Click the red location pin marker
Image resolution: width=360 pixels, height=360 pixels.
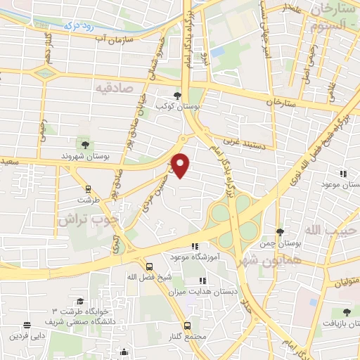pyautogui.click(x=181, y=165)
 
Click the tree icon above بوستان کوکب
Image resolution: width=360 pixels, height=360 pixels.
pyautogui.click(x=176, y=96)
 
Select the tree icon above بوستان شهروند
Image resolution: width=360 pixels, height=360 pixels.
pyautogui.click(x=85, y=145)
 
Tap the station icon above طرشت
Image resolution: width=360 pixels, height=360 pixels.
pyautogui.click(x=89, y=189)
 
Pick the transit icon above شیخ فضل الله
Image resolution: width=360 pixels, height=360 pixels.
pyautogui.click(x=149, y=266)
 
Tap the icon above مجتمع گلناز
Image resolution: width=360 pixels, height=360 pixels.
pyautogui.click(x=187, y=326)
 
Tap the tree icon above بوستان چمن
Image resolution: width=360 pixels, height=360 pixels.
pyautogui.click(x=280, y=231)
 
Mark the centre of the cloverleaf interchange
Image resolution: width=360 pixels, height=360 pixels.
pyautogui.click(x=233, y=215)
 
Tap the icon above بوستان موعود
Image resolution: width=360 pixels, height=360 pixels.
pyautogui.click(x=344, y=173)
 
